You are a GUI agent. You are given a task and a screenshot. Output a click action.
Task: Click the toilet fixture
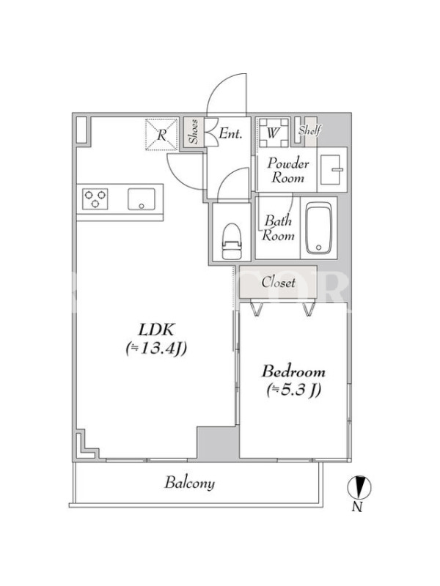click(232, 241)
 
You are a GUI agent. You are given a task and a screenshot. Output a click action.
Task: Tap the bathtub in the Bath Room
click(318, 228)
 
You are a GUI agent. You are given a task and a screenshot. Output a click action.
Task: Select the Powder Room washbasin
click(331, 170)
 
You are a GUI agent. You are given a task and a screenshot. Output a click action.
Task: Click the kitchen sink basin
click(142, 199)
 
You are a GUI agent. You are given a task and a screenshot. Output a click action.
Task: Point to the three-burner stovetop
click(95, 199)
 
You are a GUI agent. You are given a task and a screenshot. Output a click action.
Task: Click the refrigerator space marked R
click(161, 135)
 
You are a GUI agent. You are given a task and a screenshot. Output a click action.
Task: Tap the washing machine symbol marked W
click(273, 133)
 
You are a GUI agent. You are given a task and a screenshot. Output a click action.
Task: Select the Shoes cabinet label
click(194, 132)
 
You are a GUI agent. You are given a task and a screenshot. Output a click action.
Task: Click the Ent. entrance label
click(230, 133)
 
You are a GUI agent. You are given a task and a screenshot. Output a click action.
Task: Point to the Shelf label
click(309, 130)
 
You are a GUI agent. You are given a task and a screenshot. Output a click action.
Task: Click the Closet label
click(279, 282)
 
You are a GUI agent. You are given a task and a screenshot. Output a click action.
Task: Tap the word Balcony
click(190, 483)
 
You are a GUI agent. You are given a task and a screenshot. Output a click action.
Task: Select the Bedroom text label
click(293, 372)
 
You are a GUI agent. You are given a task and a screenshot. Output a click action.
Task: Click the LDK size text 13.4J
click(156, 349)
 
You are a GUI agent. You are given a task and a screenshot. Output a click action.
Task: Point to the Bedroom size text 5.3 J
click(294, 390)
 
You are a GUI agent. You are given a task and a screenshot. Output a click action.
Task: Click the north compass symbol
click(359, 487)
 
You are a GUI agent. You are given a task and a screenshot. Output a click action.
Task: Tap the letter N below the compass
click(358, 507)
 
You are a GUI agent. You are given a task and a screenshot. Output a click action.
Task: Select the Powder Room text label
click(288, 171)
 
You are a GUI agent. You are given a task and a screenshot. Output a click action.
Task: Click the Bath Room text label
click(279, 228)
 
